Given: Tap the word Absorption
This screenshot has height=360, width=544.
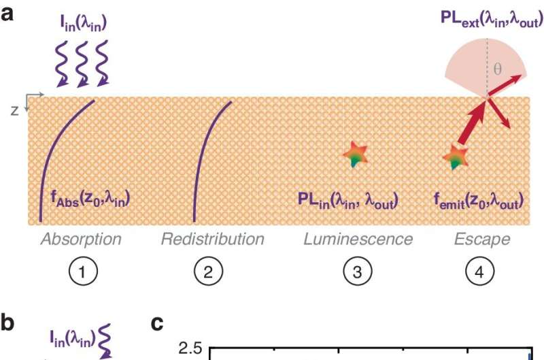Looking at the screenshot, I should click(81, 239).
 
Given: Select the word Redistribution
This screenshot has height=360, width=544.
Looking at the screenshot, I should click(213, 239).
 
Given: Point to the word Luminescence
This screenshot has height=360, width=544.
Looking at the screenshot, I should click(358, 239).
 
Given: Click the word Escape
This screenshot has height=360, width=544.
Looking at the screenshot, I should click(482, 239).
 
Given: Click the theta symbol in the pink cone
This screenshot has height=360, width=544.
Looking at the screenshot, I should click(497, 68).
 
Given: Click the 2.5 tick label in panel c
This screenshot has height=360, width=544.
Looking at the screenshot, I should click(190, 349).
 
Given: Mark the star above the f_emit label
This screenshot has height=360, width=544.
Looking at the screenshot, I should click(454, 157).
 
